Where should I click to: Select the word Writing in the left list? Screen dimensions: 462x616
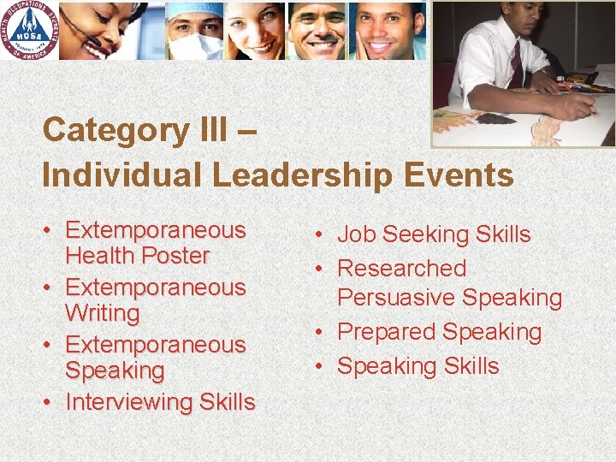tap(102, 313)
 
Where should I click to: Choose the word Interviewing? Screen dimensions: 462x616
tap(128, 401)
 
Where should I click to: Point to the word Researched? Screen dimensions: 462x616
tap(401, 269)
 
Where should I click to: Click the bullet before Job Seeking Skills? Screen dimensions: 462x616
tap(317, 234)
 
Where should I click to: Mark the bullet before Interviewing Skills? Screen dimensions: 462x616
tap(50, 401)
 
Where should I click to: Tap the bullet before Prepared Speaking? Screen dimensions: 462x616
tap(317, 332)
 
